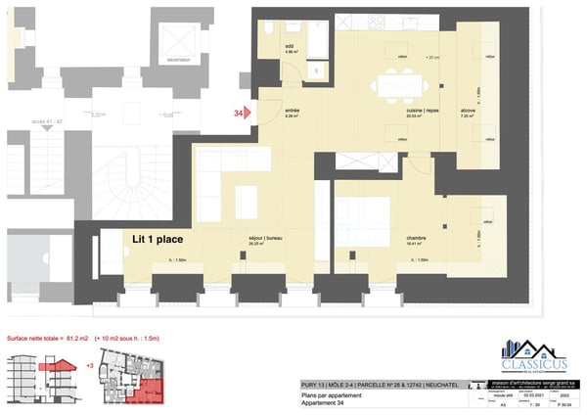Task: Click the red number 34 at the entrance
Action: (238, 114)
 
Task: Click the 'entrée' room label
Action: (292, 112)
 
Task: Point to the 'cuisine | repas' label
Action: (422, 112)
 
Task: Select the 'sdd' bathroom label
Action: (290, 46)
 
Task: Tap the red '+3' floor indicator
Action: (90, 365)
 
